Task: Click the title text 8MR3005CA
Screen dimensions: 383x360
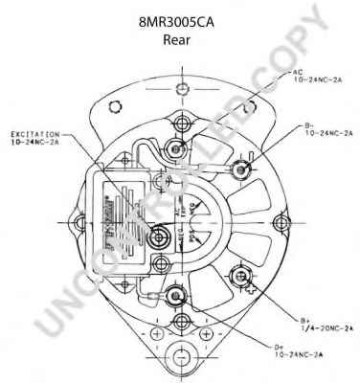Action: pos(180,18)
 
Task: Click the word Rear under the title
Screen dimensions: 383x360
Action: pos(180,39)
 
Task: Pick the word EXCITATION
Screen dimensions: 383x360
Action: pos(41,135)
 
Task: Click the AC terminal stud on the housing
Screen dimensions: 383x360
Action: pos(175,146)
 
